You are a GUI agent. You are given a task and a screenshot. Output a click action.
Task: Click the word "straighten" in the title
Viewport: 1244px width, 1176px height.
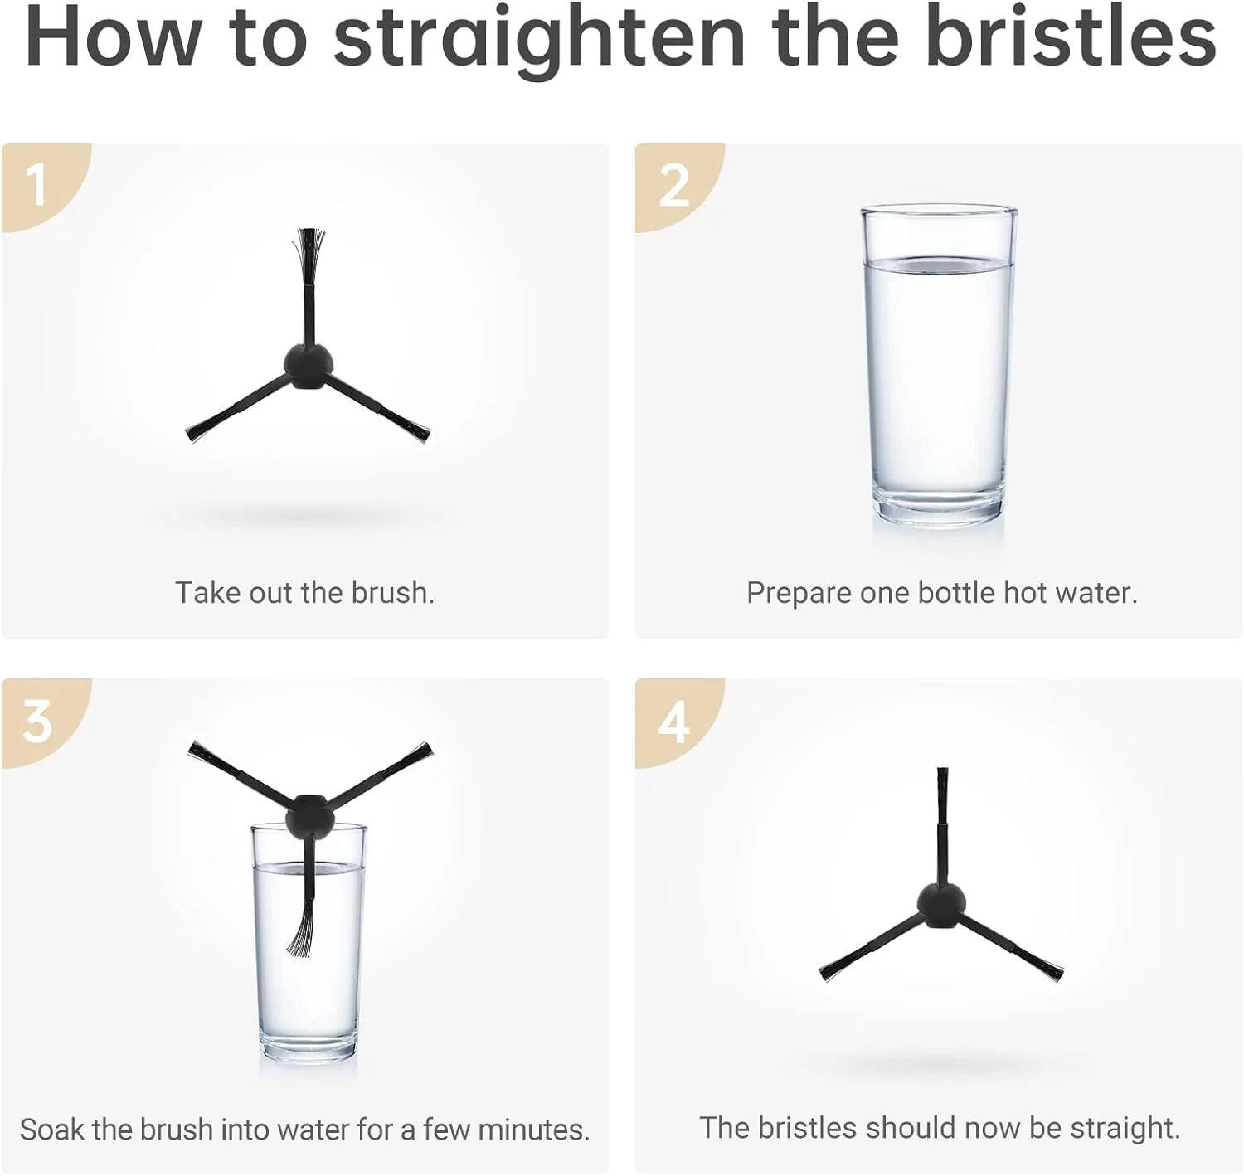tap(539, 39)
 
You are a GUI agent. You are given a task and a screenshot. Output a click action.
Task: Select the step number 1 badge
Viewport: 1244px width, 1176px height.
tap(39, 184)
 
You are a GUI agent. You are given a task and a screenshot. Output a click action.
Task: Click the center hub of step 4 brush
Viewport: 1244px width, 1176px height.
tap(941, 906)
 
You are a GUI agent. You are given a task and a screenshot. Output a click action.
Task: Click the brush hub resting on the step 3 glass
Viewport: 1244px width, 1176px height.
tap(309, 817)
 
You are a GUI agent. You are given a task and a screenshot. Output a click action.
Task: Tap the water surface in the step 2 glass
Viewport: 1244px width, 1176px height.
tap(939, 264)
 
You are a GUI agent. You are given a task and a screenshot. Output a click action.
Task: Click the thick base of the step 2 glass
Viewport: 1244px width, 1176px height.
tap(938, 508)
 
